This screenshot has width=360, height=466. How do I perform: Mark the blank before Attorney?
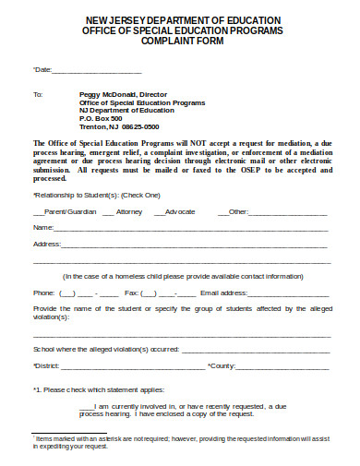[x=108, y=212]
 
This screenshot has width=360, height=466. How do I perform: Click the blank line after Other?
[x=288, y=212]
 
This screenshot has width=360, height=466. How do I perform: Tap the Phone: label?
[x=43, y=293]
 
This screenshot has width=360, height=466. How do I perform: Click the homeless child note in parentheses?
[x=182, y=276]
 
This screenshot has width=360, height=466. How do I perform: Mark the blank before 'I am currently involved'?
[x=86, y=407]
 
